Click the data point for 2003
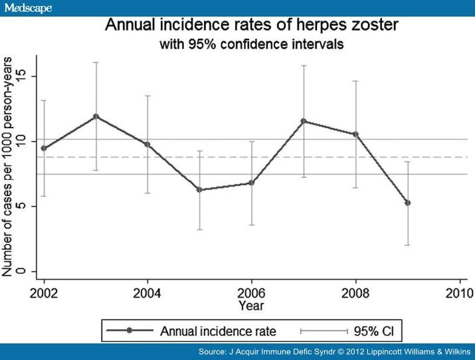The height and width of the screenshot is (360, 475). (x=96, y=116)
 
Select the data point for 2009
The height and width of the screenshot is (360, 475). (x=407, y=203)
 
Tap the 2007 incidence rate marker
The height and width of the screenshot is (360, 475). (x=304, y=121)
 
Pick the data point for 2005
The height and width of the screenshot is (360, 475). (x=199, y=190)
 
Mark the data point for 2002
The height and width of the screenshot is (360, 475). (x=44, y=148)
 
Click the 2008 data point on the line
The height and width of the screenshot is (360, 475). (x=355, y=134)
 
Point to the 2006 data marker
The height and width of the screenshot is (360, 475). (x=251, y=183)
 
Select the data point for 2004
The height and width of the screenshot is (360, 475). (x=147, y=144)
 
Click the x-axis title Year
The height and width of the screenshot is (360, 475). (x=251, y=306)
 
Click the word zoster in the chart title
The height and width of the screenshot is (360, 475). (x=348, y=27)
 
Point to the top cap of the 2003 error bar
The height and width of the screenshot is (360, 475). (x=96, y=62)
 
